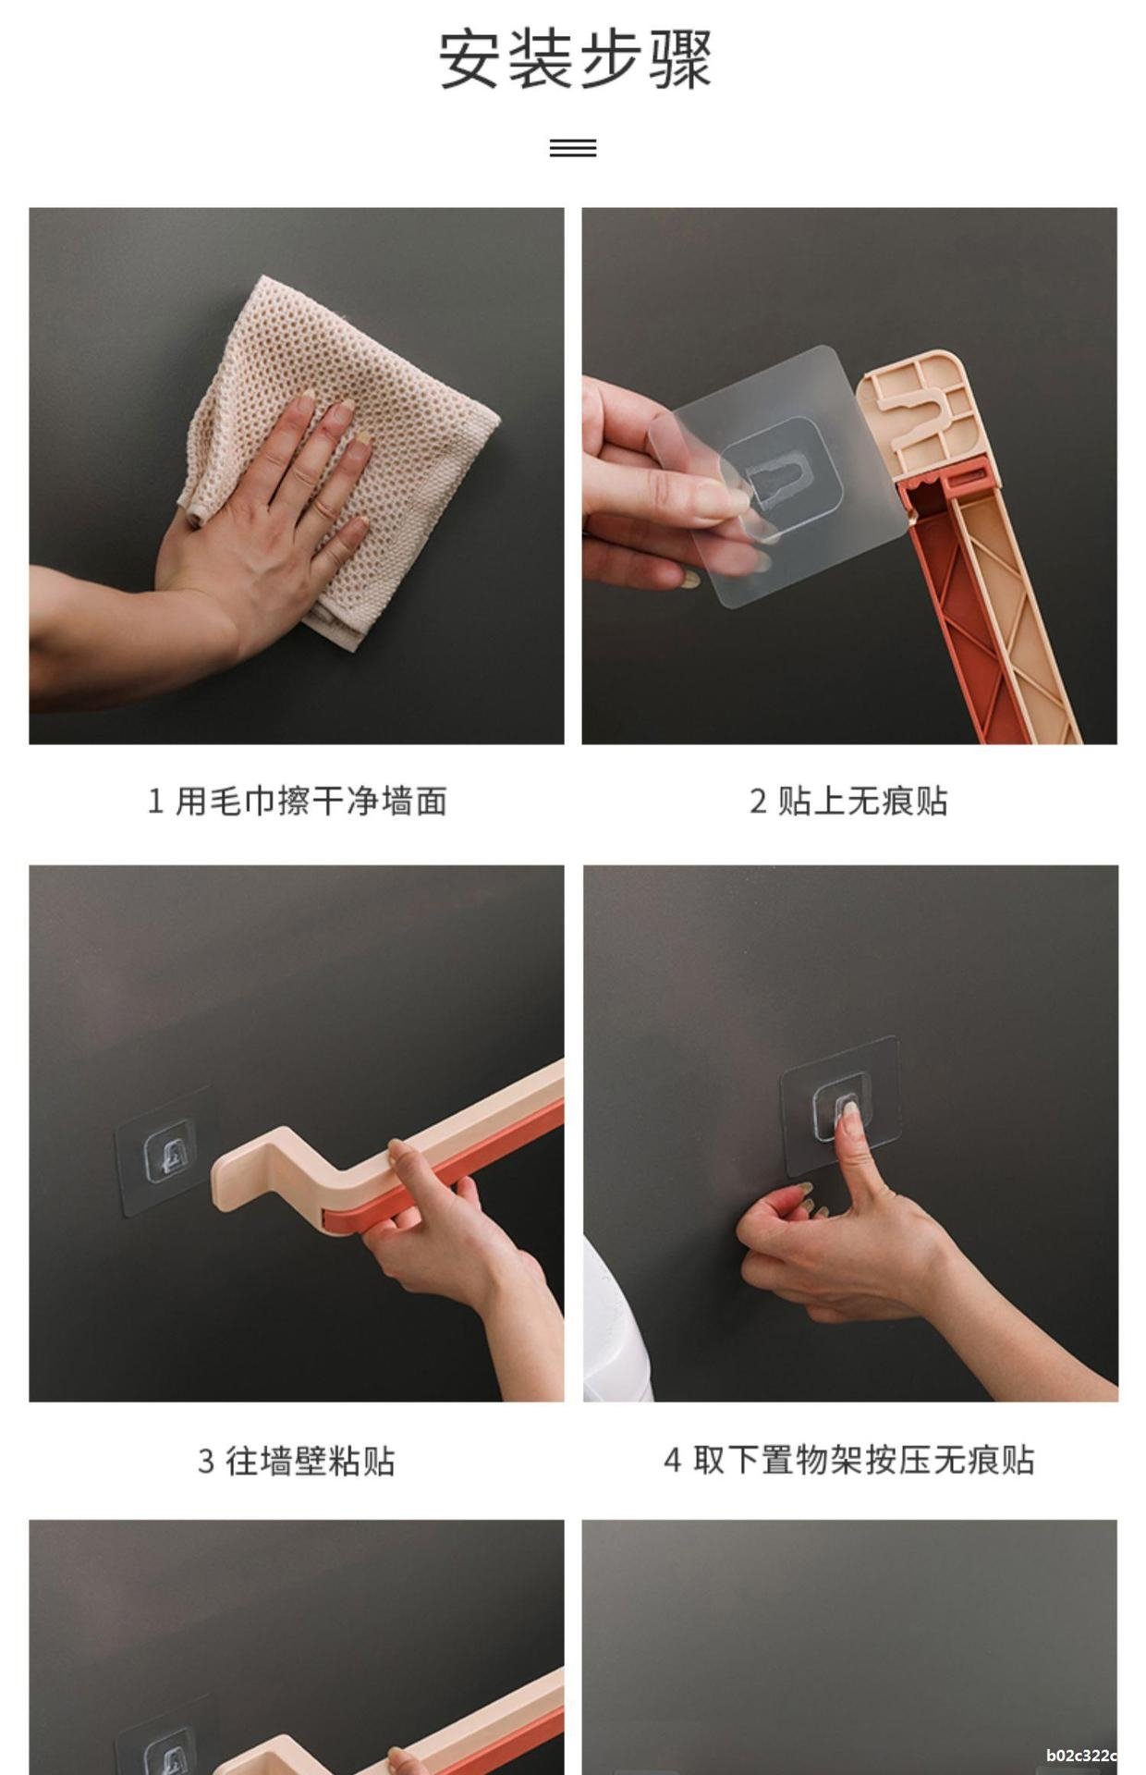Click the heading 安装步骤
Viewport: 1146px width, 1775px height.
[574, 60]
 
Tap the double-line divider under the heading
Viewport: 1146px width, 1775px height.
[573, 148]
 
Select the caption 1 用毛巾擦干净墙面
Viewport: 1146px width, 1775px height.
[298, 801]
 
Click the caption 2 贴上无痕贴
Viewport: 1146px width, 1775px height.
[848, 801]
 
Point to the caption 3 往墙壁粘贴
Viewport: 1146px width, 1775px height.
[297, 1462]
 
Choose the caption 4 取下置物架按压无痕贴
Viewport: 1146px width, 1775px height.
[848, 1461]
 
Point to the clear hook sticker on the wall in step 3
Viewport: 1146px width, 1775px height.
[165, 1152]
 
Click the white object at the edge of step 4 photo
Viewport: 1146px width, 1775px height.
[616, 1321]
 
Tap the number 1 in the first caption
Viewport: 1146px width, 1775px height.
[155, 802]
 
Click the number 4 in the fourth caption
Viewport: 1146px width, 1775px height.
[672, 1462]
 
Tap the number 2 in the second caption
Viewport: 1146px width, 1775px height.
[758, 802]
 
